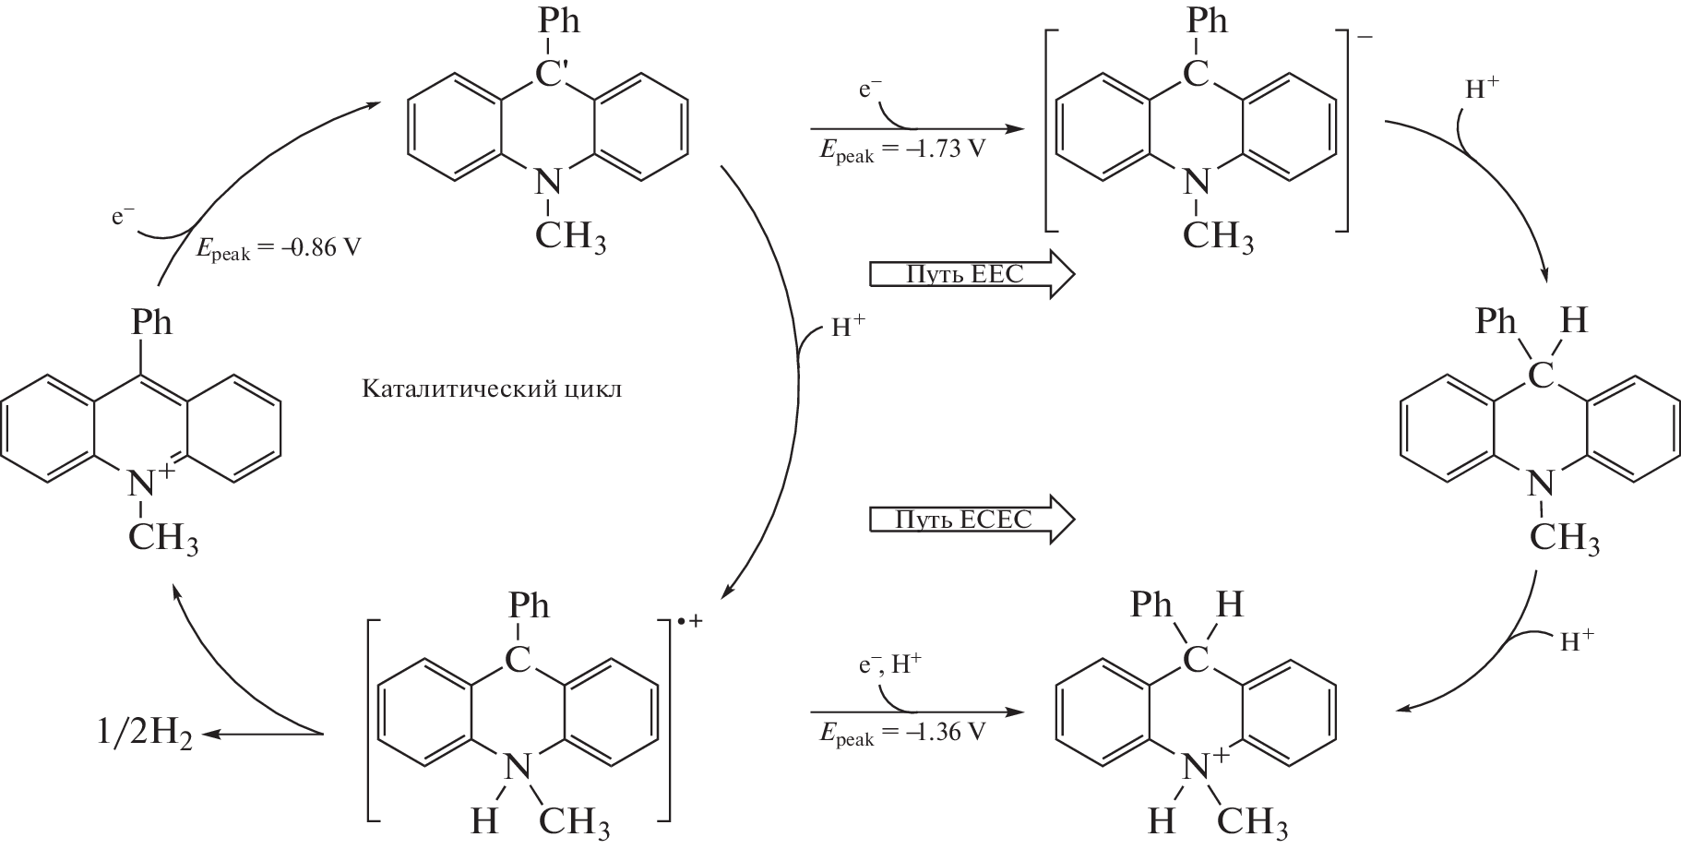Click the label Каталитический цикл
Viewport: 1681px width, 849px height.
[x=492, y=389]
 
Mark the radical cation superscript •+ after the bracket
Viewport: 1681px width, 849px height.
[x=689, y=621]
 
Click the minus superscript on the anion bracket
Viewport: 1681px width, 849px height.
[x=1365, y=38]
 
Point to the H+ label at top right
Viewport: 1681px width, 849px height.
[x=1482, y=90]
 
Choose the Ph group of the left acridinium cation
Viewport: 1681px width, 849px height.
[x=151, y=323]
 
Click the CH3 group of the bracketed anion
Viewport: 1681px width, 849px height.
[x=1218, y=237]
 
